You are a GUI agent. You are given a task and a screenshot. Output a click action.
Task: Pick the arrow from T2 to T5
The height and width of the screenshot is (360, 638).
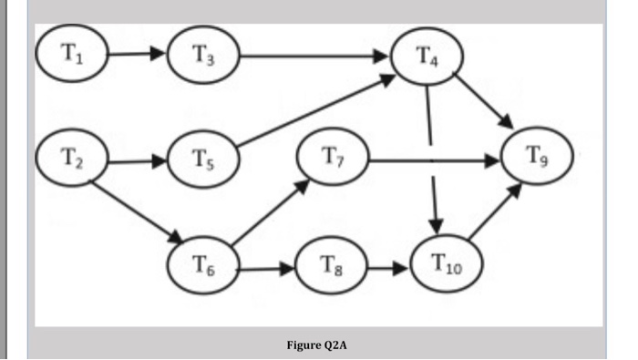(x=137, y=164)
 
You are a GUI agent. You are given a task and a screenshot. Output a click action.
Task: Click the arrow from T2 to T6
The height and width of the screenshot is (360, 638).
(x=134, y=215)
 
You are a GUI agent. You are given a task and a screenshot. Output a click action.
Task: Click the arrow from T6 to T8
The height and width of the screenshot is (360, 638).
(x=267, y=270)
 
